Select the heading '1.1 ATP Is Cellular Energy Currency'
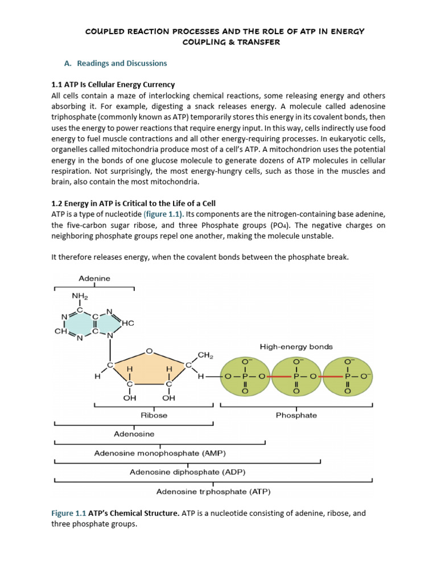[113, 85]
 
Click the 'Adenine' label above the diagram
[94, 278]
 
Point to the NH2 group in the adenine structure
[80, 296]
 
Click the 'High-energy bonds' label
[296, 346]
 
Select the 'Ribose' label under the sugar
[154, 415]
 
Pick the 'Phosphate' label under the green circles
[296, 415]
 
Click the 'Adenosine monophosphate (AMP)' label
[160, 453]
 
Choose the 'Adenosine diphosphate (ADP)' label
[188, 472]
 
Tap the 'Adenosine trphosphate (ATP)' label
[213, 491]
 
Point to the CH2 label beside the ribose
[205, 356]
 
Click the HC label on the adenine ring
[127, 323]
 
